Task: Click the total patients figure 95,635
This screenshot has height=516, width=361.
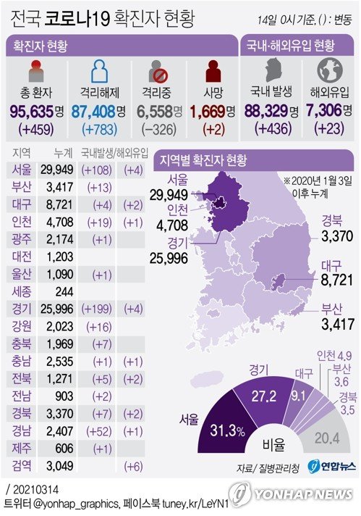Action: [32, 111]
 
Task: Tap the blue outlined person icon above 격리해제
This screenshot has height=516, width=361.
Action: [99, 71]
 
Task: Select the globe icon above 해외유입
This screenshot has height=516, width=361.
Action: [330, 70]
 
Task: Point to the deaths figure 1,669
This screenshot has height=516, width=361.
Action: [208, 112]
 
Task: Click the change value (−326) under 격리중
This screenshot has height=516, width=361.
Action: [159, 129]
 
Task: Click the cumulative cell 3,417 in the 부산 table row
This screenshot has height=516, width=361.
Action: [59, 187]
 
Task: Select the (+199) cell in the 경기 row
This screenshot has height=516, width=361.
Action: [96, 309]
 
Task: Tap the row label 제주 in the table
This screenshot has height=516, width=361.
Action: [22, 448]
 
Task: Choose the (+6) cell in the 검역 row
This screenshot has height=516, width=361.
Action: [134, 466]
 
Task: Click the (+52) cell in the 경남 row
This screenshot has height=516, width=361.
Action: [99, 431]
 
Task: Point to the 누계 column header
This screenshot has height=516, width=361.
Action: [63, 153]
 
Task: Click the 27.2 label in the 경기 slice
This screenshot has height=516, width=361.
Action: [264, 396]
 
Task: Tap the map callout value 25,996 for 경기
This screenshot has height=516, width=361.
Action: [169, 258]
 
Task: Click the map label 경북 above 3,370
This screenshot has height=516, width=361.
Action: [332, 220]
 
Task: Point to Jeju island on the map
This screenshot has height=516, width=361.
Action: [206, 380]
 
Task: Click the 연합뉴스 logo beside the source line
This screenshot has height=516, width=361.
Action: [332, 466]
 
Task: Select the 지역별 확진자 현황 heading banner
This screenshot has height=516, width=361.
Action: [253, 160]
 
